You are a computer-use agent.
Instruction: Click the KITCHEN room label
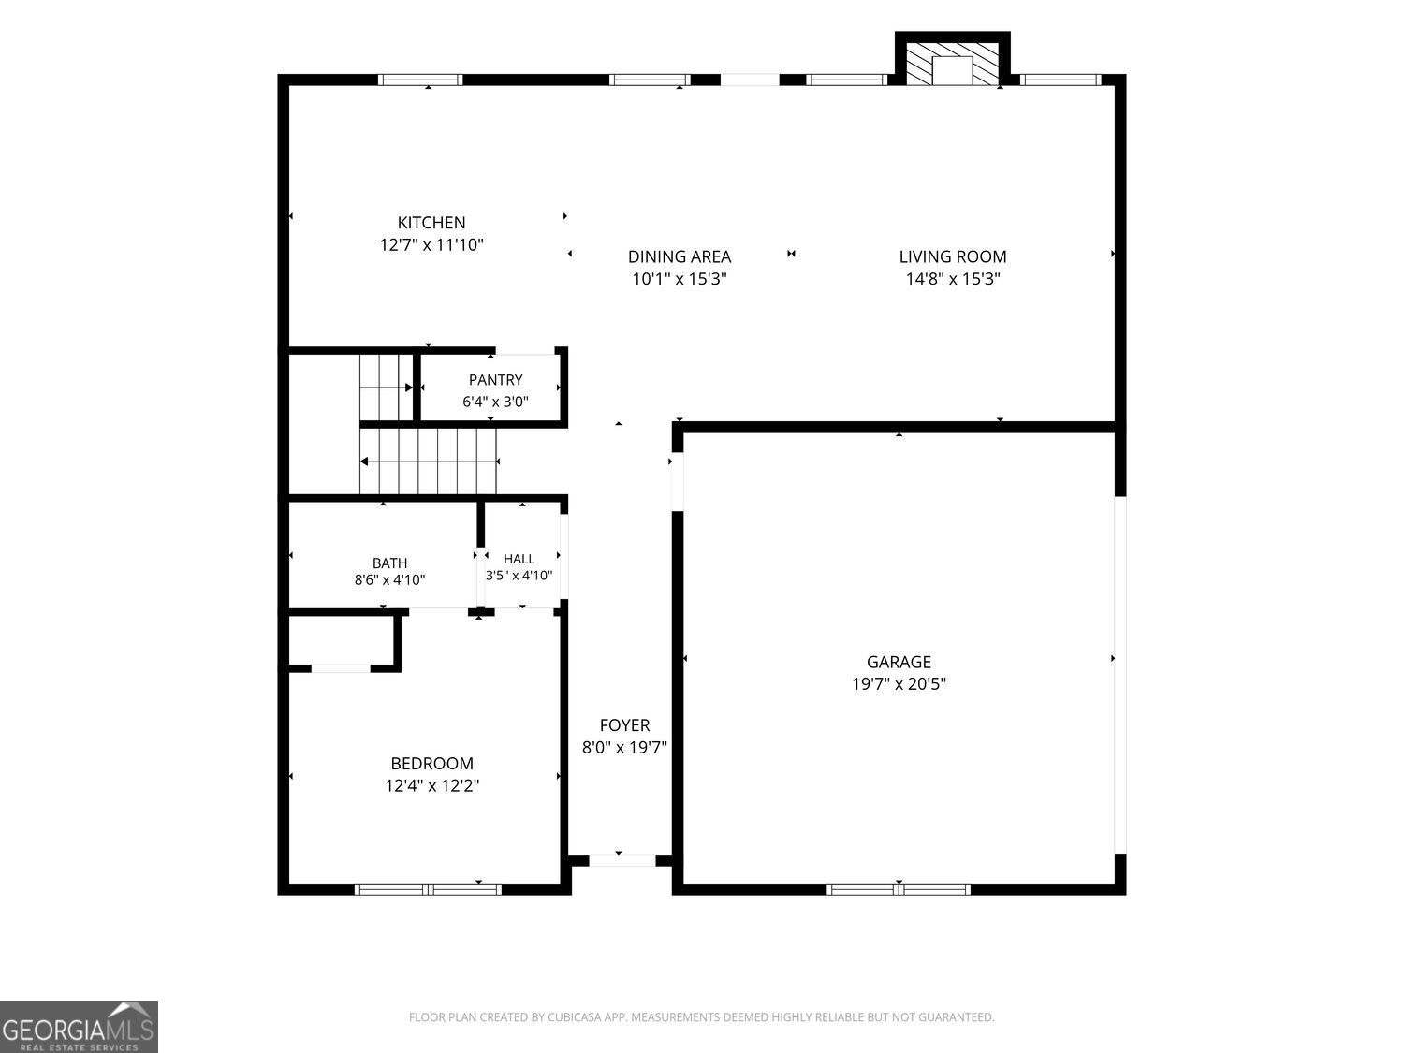pyautogui.click(x=431, y=223)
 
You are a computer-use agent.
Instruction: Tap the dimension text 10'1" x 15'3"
pyautogui.click(x=680, y=279)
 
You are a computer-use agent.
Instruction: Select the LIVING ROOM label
pyautogui.click(x=953, y=256)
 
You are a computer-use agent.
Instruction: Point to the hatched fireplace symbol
pyautogui.click(x=953, y=65)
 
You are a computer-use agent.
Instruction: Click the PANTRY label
pyautogui.click(x=495, y=380)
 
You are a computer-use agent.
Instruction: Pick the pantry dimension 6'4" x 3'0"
pyautogui.click(x=495, y=402)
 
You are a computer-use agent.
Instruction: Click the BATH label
pyautogui.click(x=389, y=563)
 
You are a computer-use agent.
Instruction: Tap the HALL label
pyautogui.click(x=519, y=559)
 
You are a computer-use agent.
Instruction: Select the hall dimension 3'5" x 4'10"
pyautogui.click(x=519, y=575)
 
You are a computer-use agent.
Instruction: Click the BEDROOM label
pyautogui.click(x=431, y=764)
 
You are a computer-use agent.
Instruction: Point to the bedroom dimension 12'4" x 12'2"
pyautogui.click(x=431, y=785)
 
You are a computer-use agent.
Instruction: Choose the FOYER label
pyautogui.click(x=624, y=725)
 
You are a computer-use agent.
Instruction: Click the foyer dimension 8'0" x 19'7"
pyautogui.click(x=624, y=747)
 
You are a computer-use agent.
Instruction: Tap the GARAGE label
pyautogui.click(x=899, y=662)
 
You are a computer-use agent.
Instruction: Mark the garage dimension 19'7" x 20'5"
pyautogui.click(x=899, y=683)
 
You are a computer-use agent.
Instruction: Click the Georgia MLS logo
pyautogui.click(x=79, y=1027)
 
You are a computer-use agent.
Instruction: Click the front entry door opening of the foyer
pyautogui.click(x=622, y=860)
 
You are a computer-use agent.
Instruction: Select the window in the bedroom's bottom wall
pyautogui.click(x=428, y=889)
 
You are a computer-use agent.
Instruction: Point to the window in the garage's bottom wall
pyautogui.click(x=898, y=889)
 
